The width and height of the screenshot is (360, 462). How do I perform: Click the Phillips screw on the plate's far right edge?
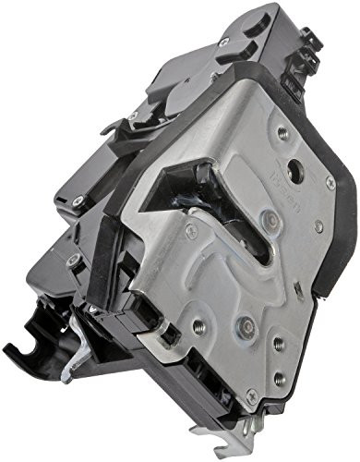[x=330, y=183]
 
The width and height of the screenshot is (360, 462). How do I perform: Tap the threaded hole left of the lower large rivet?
[x=197, y=326]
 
